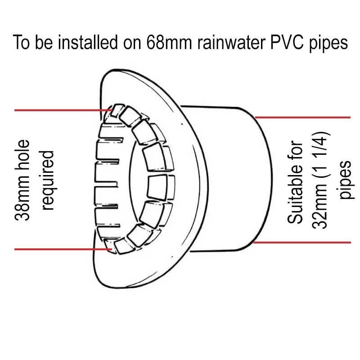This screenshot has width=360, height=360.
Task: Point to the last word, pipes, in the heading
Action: tap(329, 44)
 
